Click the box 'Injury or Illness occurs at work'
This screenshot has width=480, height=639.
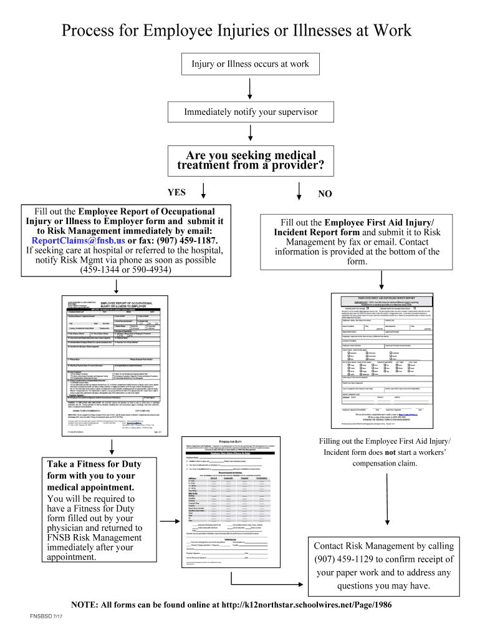249,64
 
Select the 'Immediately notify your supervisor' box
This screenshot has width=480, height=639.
250,112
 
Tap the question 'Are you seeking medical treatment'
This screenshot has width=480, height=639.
249,160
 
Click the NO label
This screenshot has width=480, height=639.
325,193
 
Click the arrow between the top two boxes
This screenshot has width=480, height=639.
249,88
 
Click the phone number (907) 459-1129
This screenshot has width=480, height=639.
350,559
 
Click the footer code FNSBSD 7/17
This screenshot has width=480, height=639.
47,617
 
